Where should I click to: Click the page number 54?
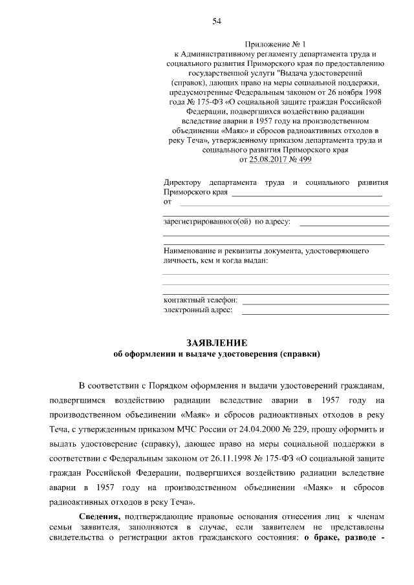tap(217, 22)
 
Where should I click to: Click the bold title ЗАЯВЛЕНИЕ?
tap(217, 342)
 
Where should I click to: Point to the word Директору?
tap(183, 183)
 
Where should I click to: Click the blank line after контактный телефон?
tap(315, 302)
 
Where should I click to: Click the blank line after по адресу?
tap(344, 224)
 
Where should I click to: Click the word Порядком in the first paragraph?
tap(158, 387)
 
